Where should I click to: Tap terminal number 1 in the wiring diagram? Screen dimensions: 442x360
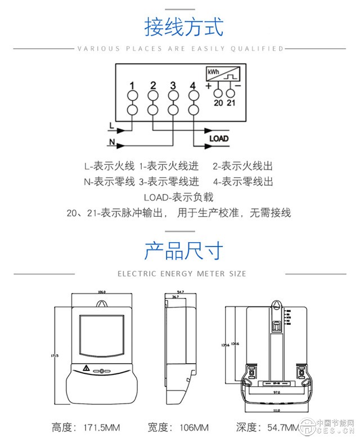[x=132, y=86]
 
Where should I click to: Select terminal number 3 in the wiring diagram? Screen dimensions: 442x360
[x=173, y=86]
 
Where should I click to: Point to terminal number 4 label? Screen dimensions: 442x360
[x=193, y=86]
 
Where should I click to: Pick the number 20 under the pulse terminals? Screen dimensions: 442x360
[x=218, y=102]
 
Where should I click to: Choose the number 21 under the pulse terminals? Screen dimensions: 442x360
[x=231, y=102]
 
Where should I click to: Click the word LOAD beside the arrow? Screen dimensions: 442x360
[x=219, y=139]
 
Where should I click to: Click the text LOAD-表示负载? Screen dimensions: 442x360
[x=179, y=198]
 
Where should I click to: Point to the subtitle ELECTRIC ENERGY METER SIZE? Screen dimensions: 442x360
[x=182, y=274]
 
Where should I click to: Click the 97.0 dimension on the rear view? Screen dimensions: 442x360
[x=276, y=391]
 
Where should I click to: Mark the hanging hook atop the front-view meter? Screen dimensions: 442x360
[x=102, y=303]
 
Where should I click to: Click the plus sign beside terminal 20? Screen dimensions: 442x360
[x=209, y=87]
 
